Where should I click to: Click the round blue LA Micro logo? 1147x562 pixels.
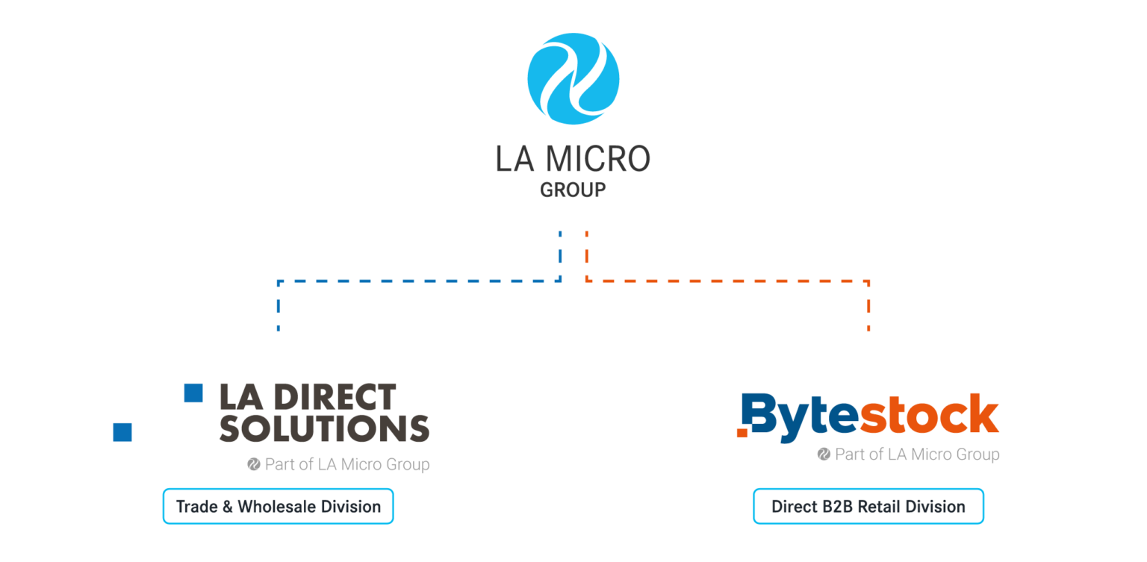(573, 78)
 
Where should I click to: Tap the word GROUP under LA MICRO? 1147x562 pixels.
(573, 191)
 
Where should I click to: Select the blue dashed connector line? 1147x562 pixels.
(418, 282)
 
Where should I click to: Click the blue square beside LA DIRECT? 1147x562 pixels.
(193, 393)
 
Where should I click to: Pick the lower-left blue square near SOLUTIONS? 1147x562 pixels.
(122, 433)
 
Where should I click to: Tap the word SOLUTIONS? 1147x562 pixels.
(324, 428)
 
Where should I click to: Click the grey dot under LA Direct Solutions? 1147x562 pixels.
(253, 464)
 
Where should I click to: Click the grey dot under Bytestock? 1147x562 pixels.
(824, 454)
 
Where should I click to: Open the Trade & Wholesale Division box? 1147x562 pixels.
(278, 507)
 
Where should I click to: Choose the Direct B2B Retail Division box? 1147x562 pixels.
(868, 507)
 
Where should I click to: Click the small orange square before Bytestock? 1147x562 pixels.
(741, 432)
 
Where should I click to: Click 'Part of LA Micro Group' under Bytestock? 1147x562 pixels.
(916, 454)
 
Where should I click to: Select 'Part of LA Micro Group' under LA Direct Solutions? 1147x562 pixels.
(347, 464)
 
